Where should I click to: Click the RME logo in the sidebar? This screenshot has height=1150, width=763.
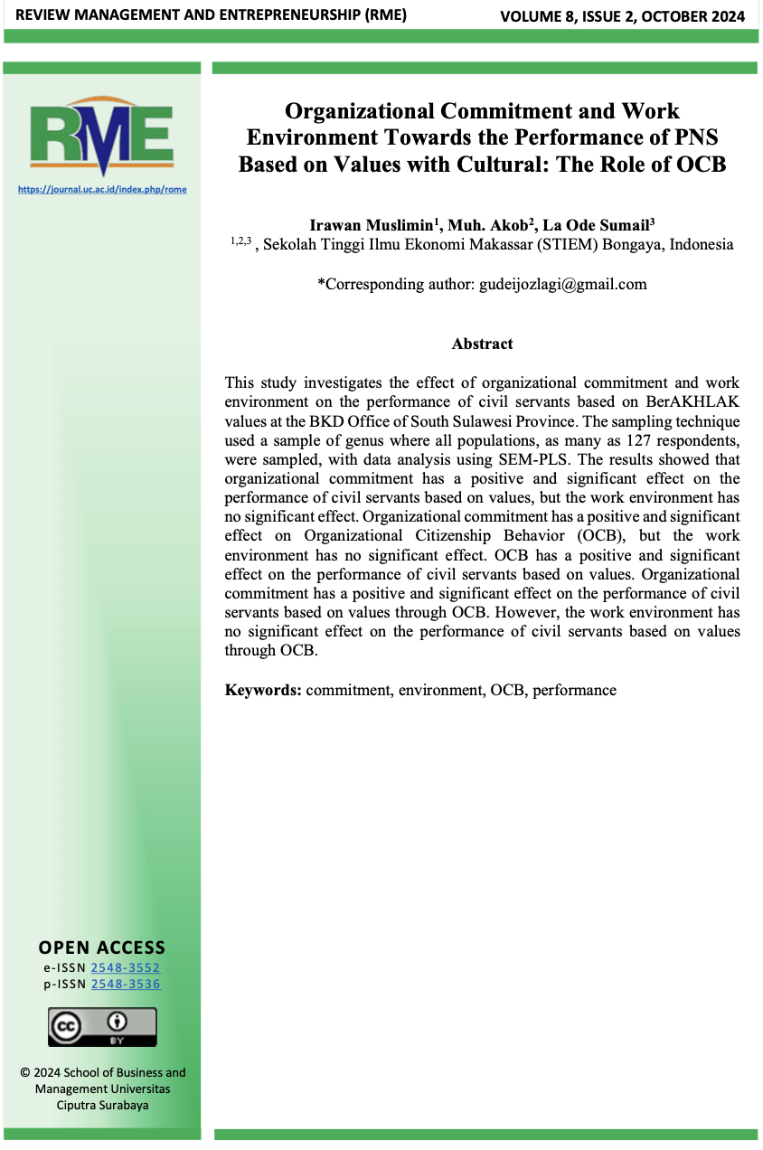click(x=101, y=137)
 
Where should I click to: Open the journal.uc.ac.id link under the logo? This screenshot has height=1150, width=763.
click(x=101, y=189)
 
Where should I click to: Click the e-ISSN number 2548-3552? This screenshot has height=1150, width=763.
click(x=126, y=968)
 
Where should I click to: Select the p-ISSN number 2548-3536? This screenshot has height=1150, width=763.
click(x=126, y=985)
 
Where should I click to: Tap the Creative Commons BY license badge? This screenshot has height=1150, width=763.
click(x=102, y=1027)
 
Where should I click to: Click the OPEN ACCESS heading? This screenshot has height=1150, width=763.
click(x=102, y=947)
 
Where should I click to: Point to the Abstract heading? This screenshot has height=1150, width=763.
click(x=482, y=344)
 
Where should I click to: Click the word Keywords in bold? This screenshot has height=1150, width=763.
click(x=263, y=690)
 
